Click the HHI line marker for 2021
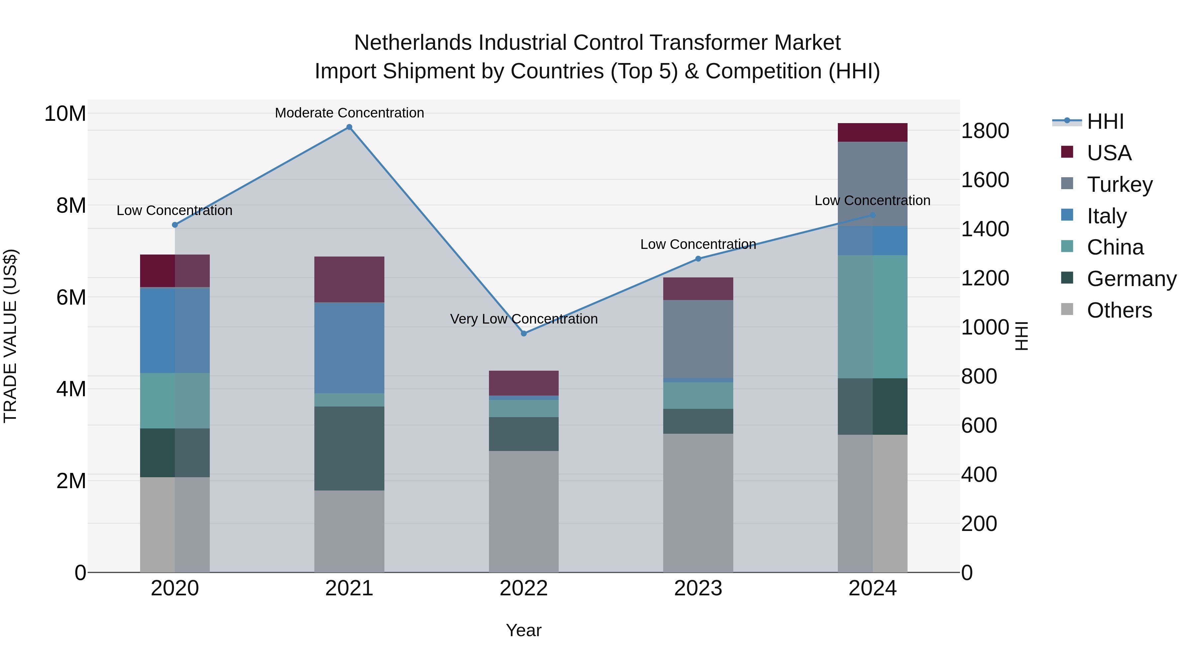(349, 127)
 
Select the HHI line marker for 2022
(524, 334)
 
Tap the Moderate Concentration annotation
(349, 113)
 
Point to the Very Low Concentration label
(524, 319)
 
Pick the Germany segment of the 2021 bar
(349, 448)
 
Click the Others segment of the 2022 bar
(524, 511)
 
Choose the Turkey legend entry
(1119, 185)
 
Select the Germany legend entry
(1131, 279)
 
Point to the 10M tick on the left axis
(65, 113)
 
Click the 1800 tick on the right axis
(985, 131)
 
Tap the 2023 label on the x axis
(698, 588)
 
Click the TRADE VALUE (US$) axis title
(10, 336)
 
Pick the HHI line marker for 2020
(175, 225)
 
